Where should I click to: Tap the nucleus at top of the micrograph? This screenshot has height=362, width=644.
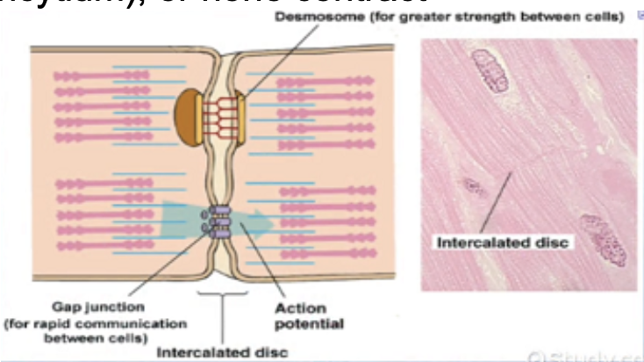click(490, 70)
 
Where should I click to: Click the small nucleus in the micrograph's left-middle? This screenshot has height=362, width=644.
click(474, 186)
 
